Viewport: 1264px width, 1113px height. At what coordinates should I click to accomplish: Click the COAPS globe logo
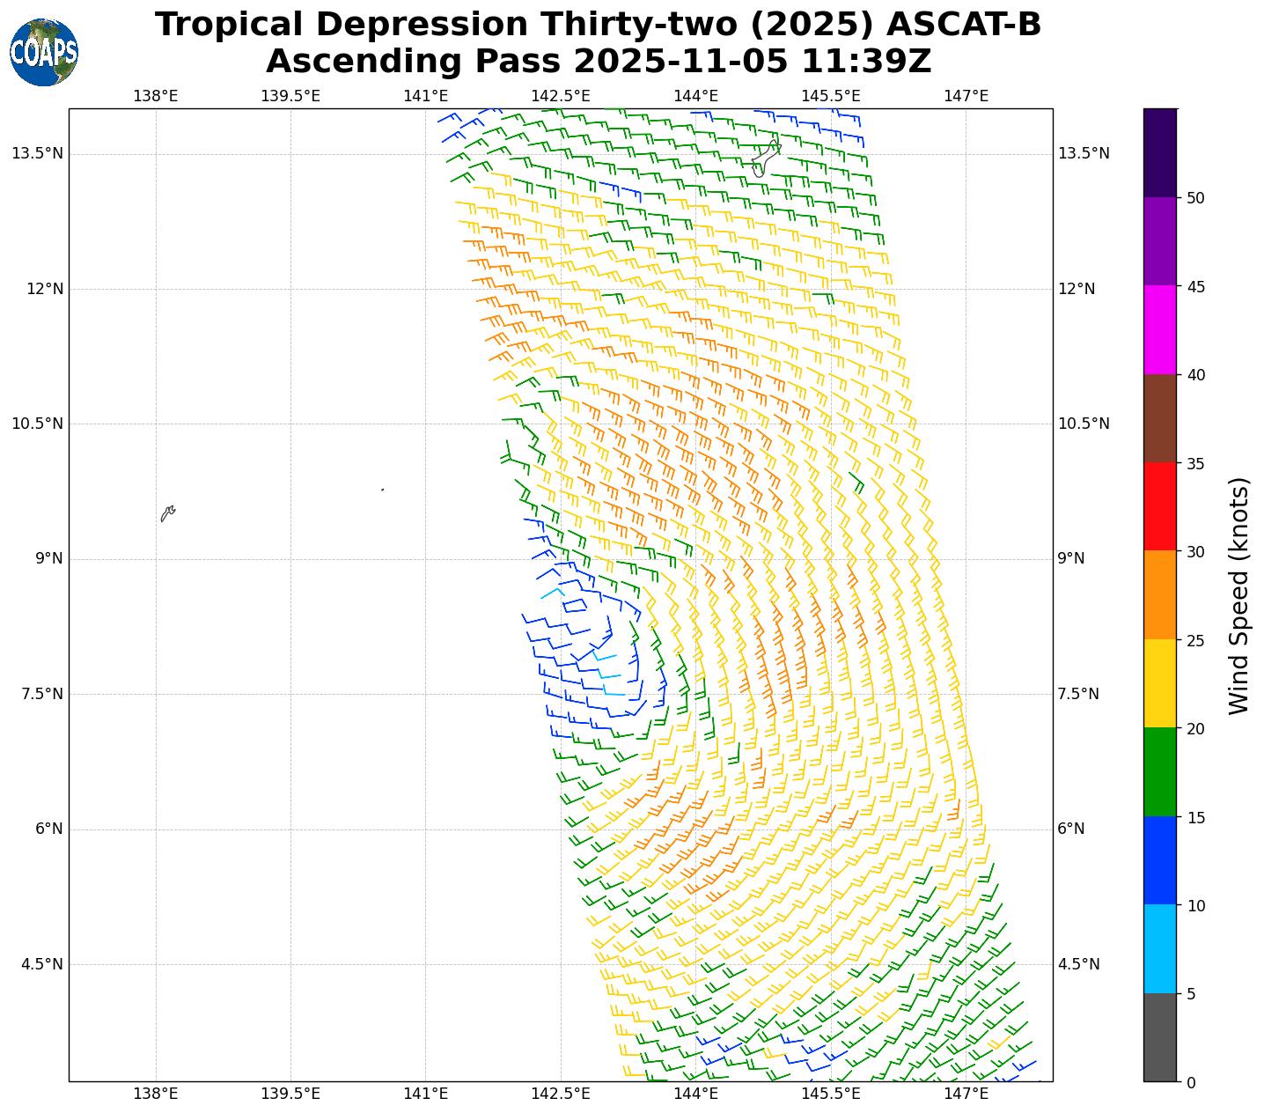(44, 52)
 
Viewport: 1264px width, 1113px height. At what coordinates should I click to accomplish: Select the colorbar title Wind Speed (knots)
(1238, 595)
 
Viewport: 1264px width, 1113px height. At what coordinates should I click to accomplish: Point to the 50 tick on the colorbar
(1195, 198)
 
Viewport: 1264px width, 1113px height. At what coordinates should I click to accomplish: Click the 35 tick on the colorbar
(1195, 463)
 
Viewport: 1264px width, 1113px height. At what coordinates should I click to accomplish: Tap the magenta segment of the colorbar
(1159, 330)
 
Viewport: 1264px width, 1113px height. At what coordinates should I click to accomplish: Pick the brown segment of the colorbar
(1159, 418)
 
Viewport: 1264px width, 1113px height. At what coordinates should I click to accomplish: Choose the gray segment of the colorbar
(1159, 1037)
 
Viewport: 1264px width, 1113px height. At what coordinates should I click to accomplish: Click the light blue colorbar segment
(1159, 949)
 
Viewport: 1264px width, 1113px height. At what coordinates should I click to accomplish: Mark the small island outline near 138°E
(167, 512)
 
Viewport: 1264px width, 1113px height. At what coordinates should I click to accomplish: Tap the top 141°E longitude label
(426, 96)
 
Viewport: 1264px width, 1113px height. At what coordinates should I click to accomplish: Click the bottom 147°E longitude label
(966, 1095)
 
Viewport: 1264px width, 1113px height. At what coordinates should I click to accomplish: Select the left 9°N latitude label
(42, 558)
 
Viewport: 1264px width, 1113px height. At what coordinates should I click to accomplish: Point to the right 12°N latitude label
(1076, 289)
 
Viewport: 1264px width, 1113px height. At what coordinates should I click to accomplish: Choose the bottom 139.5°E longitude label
(290, 1095)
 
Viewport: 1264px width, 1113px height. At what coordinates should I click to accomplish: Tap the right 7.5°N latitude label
(1078, 694)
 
